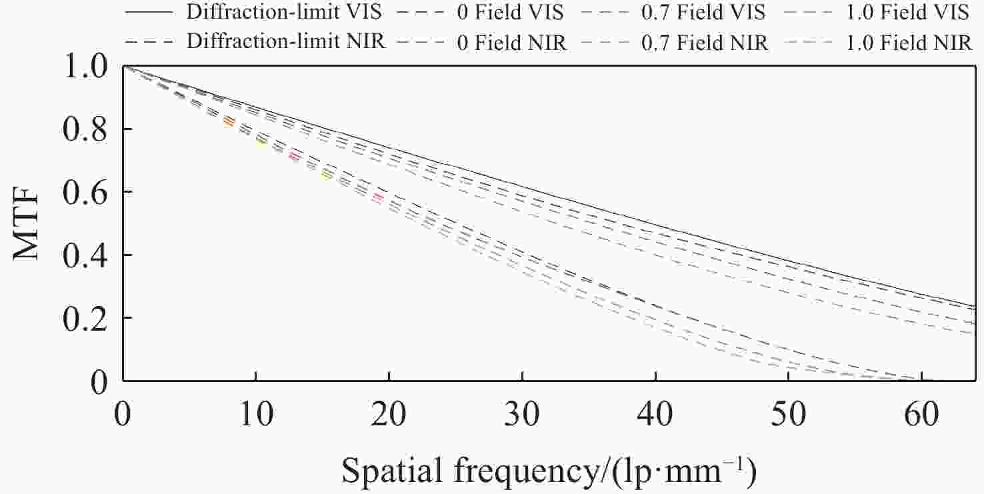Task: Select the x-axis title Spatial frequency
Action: click(548, 471)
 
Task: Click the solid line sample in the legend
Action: click(151, 12)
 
